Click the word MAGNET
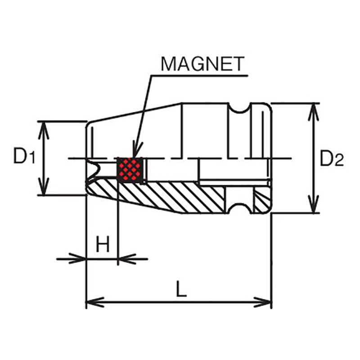point(202,64)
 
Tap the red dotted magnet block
point(130,170)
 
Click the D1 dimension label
point(23,157)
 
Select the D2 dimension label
point(332,158)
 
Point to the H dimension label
point(103,245)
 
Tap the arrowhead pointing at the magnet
point(135,151)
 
